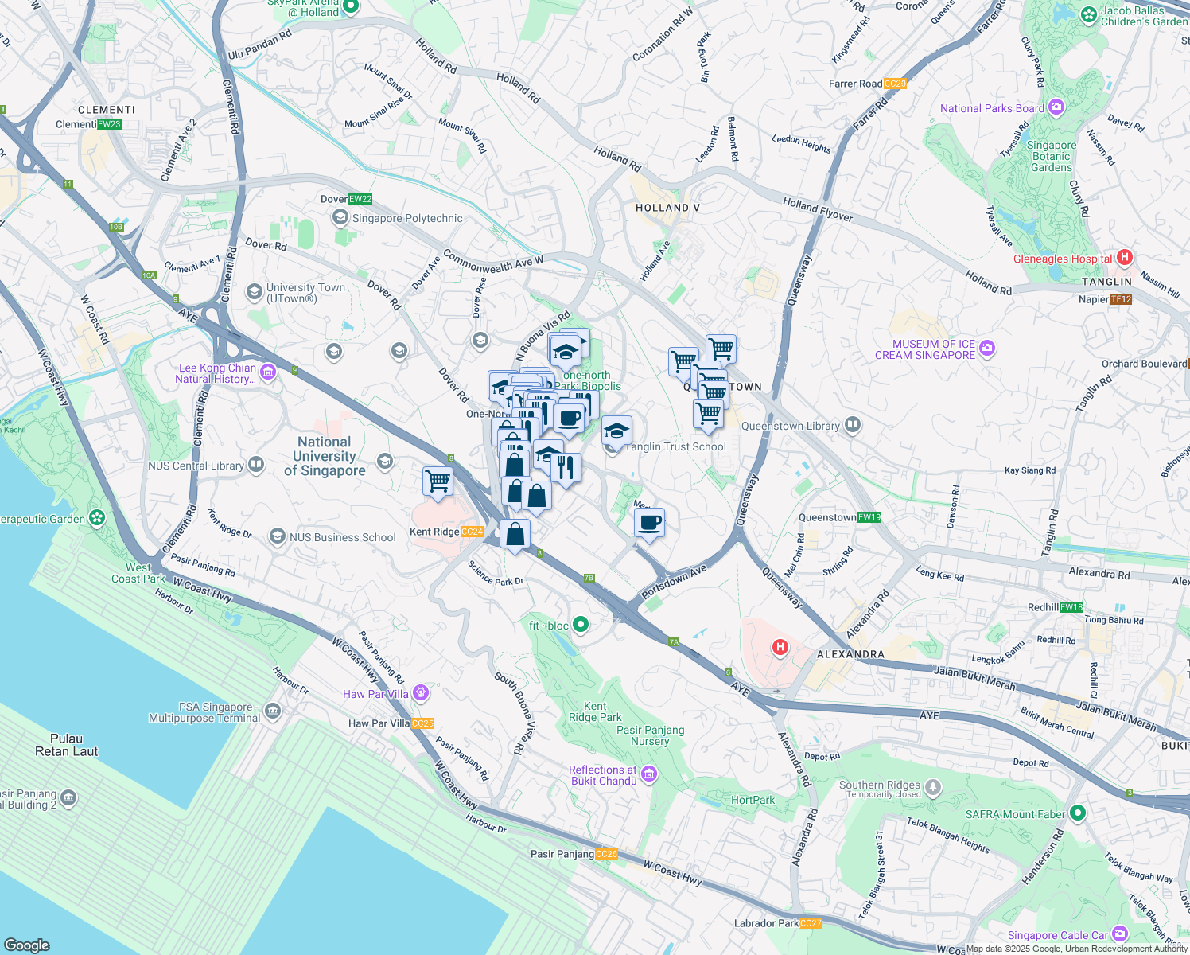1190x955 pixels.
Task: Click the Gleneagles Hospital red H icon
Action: [1124, 257]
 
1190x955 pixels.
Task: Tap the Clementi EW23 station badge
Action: [109, 124]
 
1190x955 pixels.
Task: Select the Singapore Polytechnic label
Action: [407, 218]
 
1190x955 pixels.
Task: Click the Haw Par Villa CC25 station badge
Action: [422, 723]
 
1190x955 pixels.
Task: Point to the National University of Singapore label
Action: [325, 456]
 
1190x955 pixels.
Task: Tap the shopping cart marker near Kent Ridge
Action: [437, 481]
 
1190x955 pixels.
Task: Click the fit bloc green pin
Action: [581, 625]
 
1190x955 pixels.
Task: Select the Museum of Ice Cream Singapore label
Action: [924, 349]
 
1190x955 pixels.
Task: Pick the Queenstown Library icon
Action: [853, 425]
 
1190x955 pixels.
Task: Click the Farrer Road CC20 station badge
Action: [895, 84]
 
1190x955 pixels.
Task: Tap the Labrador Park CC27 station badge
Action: [811, 923]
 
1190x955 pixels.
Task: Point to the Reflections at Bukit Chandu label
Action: [602, 775]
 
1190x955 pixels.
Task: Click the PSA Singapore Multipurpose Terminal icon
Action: [273, 711]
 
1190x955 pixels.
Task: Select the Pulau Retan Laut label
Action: [66, 744]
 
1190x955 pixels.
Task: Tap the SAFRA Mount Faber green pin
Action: [1078, 813]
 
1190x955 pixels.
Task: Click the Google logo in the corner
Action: [26, 945]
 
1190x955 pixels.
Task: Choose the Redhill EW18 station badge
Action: [1071, 607]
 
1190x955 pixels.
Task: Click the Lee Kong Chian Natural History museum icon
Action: [268, 372]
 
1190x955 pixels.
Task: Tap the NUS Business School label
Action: [342, 537]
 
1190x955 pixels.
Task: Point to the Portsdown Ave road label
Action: [674, 583]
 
